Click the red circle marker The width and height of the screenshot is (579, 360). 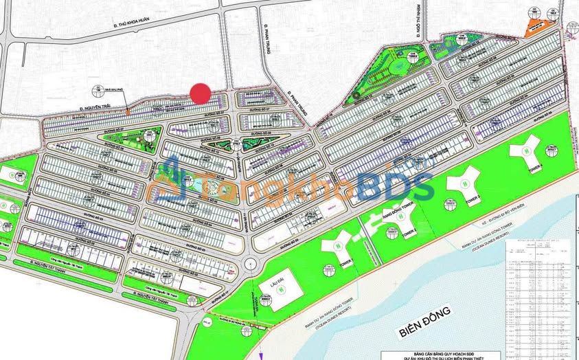[200, 93]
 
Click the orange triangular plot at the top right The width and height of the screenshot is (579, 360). [533, 27]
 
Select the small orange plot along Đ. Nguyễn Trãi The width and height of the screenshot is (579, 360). [128, 110]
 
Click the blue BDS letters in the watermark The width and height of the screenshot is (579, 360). [394, 185]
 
